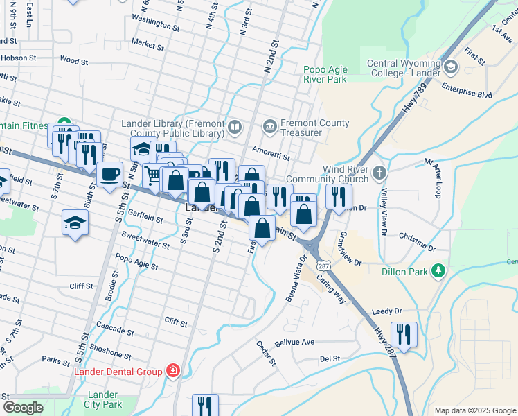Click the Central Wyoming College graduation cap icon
coord(452,67)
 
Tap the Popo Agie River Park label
coord(325,74)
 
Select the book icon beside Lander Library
coord(235,128)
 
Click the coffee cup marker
coord(109,174)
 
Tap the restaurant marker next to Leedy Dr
coord(403,334)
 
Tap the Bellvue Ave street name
coord(294,342)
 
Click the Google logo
coord(23,408)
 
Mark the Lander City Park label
coord(102,399)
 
